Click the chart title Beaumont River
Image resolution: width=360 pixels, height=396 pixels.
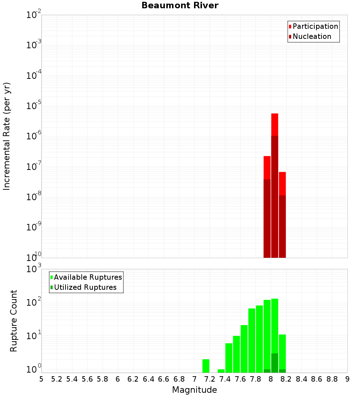[180, 5]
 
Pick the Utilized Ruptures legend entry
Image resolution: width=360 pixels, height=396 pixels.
[85, 287]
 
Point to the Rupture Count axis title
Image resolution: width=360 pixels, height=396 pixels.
[14, 320]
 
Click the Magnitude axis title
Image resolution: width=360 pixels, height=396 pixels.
[194, 390]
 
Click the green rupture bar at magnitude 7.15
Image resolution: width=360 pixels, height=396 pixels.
[206, 366]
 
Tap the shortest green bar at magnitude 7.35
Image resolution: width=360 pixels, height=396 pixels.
[221, 371]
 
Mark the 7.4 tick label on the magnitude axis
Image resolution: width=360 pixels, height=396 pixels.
[225, 379]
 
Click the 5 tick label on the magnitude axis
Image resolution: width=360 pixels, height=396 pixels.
[41, 379]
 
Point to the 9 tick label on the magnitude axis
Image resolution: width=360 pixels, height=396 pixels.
[347, 379]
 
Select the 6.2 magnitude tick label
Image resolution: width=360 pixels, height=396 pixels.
[133, 379]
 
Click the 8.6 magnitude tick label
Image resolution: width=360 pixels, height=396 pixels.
[317, 379]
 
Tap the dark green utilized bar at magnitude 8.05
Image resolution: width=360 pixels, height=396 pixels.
[275, 363]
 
